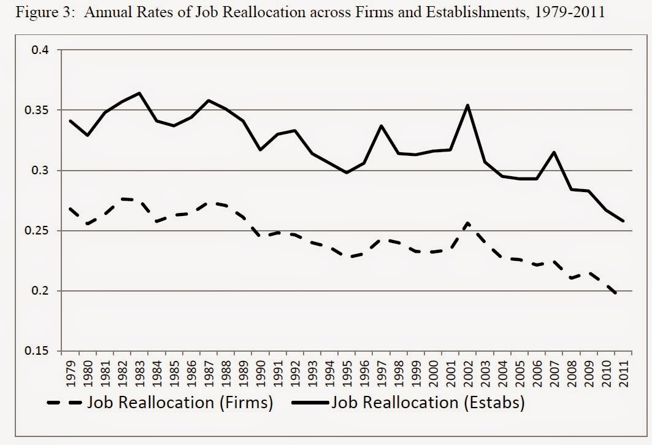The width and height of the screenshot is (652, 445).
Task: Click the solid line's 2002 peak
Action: coord(468,105)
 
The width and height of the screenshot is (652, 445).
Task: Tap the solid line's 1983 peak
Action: coord(140,93)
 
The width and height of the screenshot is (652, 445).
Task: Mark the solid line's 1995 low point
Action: coord(347,172)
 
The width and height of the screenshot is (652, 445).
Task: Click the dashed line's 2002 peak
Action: coord(468,222)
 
